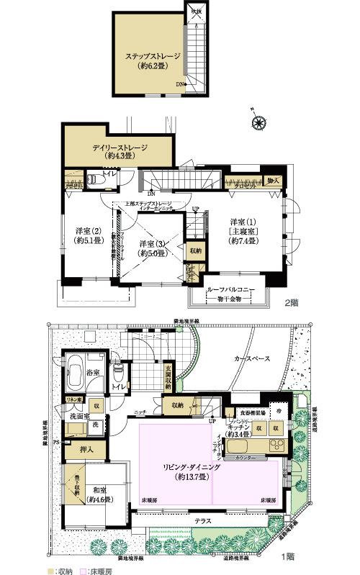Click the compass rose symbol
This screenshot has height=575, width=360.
click(x=256, y=122)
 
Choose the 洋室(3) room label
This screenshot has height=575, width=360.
click(x=153, y=248)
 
